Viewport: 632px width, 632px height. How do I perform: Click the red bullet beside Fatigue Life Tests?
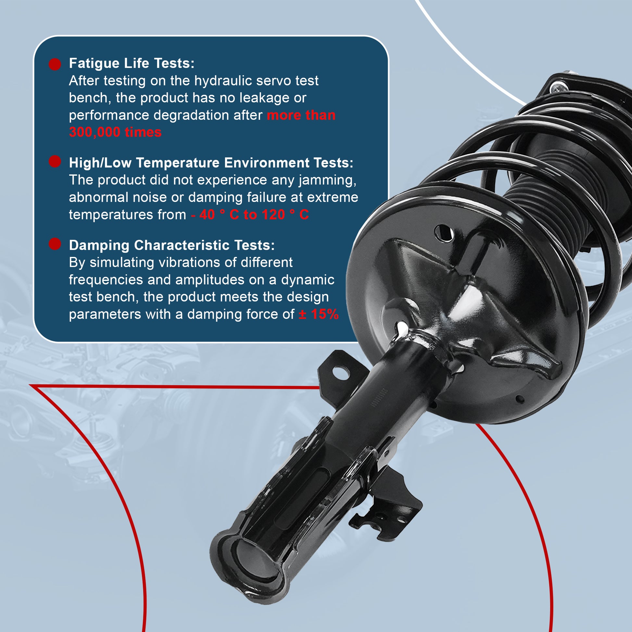coord(55,64)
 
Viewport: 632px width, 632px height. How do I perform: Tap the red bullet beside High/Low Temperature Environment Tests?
coord(55,161)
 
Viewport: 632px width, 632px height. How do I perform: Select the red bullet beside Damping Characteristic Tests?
coord(55,244)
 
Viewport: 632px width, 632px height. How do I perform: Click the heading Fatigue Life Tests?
coord(132,63)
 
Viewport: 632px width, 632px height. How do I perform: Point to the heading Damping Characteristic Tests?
coord(172,245)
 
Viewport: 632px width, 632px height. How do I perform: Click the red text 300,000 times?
coord(115,132)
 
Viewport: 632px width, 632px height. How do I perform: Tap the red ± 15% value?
coord(319,314)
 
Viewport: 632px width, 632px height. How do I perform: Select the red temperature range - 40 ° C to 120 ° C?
coord(250,215)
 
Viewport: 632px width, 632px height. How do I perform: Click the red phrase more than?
coord(301,115)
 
